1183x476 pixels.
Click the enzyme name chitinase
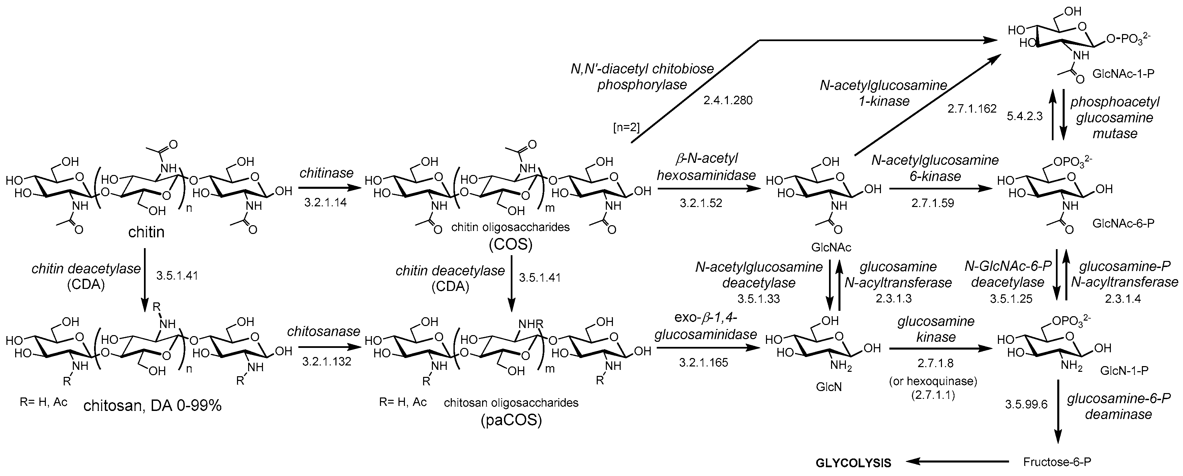[x=327, y=173]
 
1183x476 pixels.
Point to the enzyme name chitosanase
[x=324, y=331]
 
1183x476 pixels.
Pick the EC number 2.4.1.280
[x=728, y=100]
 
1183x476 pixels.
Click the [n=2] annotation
[x=626, y=127]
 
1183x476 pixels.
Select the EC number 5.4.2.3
[x=1025, y=116]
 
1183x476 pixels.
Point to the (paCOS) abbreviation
[x=511, y=420]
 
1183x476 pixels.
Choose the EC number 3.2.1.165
[x=704, y=363]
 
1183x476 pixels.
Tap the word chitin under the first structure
[x=146, y=232]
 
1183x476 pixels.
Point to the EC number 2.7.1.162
[x=972, y=109]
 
